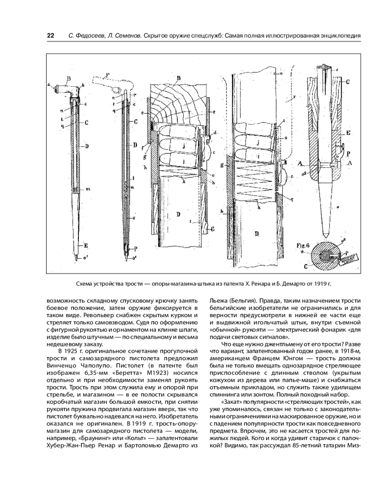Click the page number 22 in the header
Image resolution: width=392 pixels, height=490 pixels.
tap(50, 36)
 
